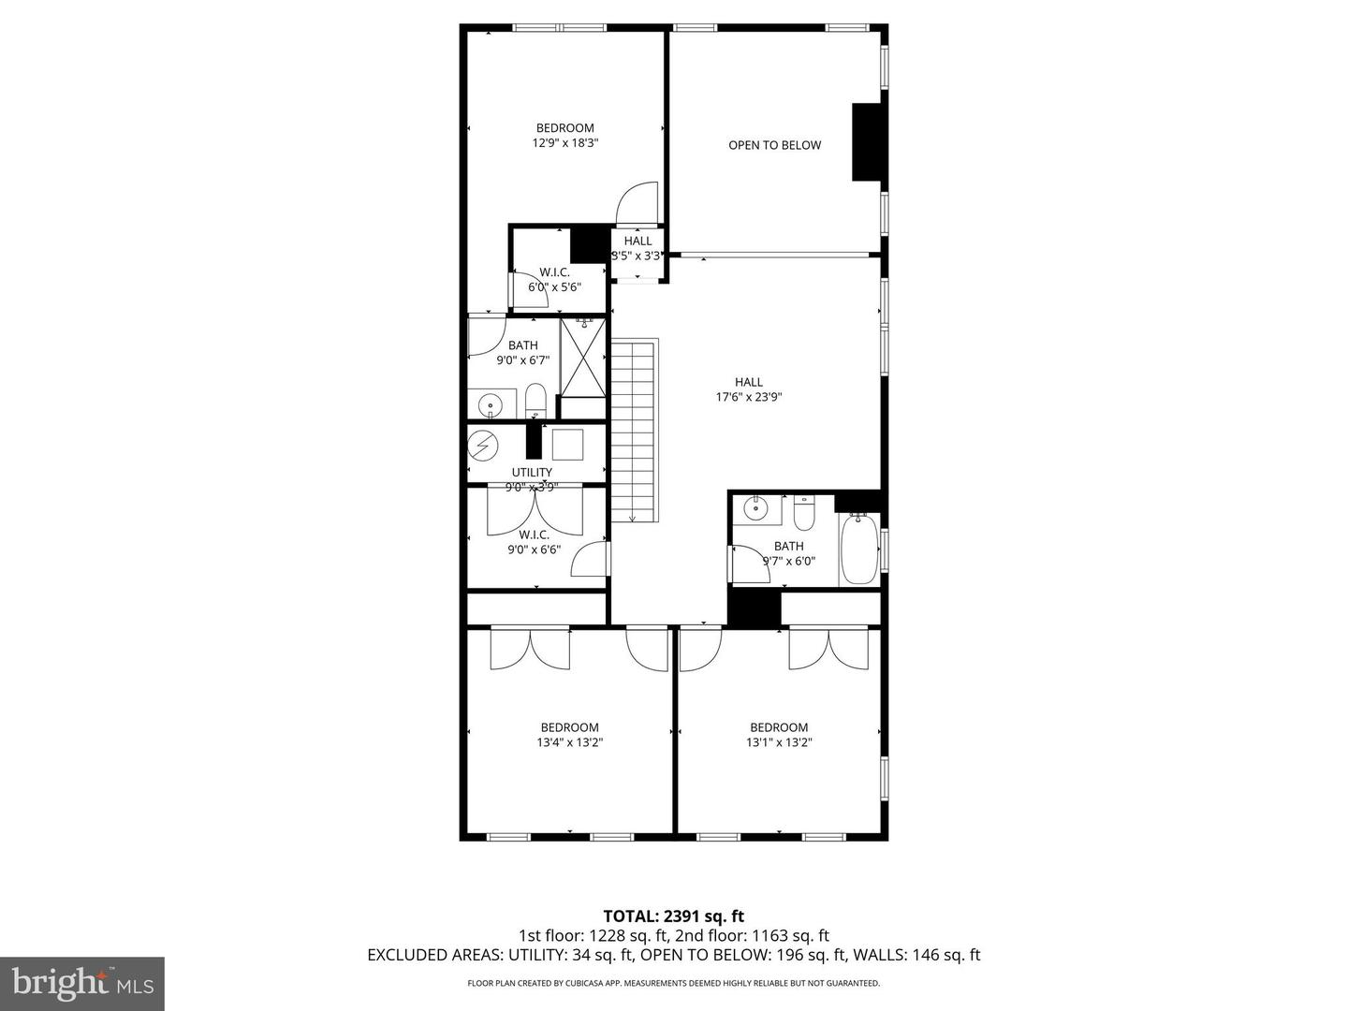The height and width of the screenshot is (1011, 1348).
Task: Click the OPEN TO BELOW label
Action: pyautogui.click(x=774, y=145)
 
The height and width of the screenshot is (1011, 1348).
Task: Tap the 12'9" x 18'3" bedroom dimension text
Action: pyautogui.click(x=564, y=143)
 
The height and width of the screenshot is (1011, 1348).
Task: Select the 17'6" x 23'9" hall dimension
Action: pyautogui.click(x=748, y=397)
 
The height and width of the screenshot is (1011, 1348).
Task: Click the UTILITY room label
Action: pyautogui.click(x=532, y=472)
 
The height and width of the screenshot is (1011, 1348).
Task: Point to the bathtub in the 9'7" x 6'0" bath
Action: pyautogui.click(x=858, y=549)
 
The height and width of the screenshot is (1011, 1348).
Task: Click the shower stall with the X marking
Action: pyautogui.click(x=582, y=357)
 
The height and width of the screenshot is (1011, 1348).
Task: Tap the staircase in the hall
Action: pyautogui.click(x=635, y=431)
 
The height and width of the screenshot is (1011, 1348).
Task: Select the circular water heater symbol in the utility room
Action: pyautogui.click(x=483, y=446)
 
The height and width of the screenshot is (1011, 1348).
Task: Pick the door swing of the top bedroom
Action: pyautogui.click(x=639, y=203)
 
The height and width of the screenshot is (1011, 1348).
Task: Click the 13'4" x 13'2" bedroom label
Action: pyautogui.click(x=569, y=727)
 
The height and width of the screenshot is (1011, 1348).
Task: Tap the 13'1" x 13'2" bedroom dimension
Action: pyautogui.click(x=778, y=742)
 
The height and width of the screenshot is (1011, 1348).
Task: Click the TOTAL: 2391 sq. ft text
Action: pyautogui.click(x=673, y=916)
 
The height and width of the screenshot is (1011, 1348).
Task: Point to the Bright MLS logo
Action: pyautogui.click(x=82, y=983)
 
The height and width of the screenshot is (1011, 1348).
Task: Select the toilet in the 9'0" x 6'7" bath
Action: pyautogui.click(x=535, y=401)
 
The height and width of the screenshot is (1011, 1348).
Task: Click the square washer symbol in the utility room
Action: pyautogui.click(x=567, y=444)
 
